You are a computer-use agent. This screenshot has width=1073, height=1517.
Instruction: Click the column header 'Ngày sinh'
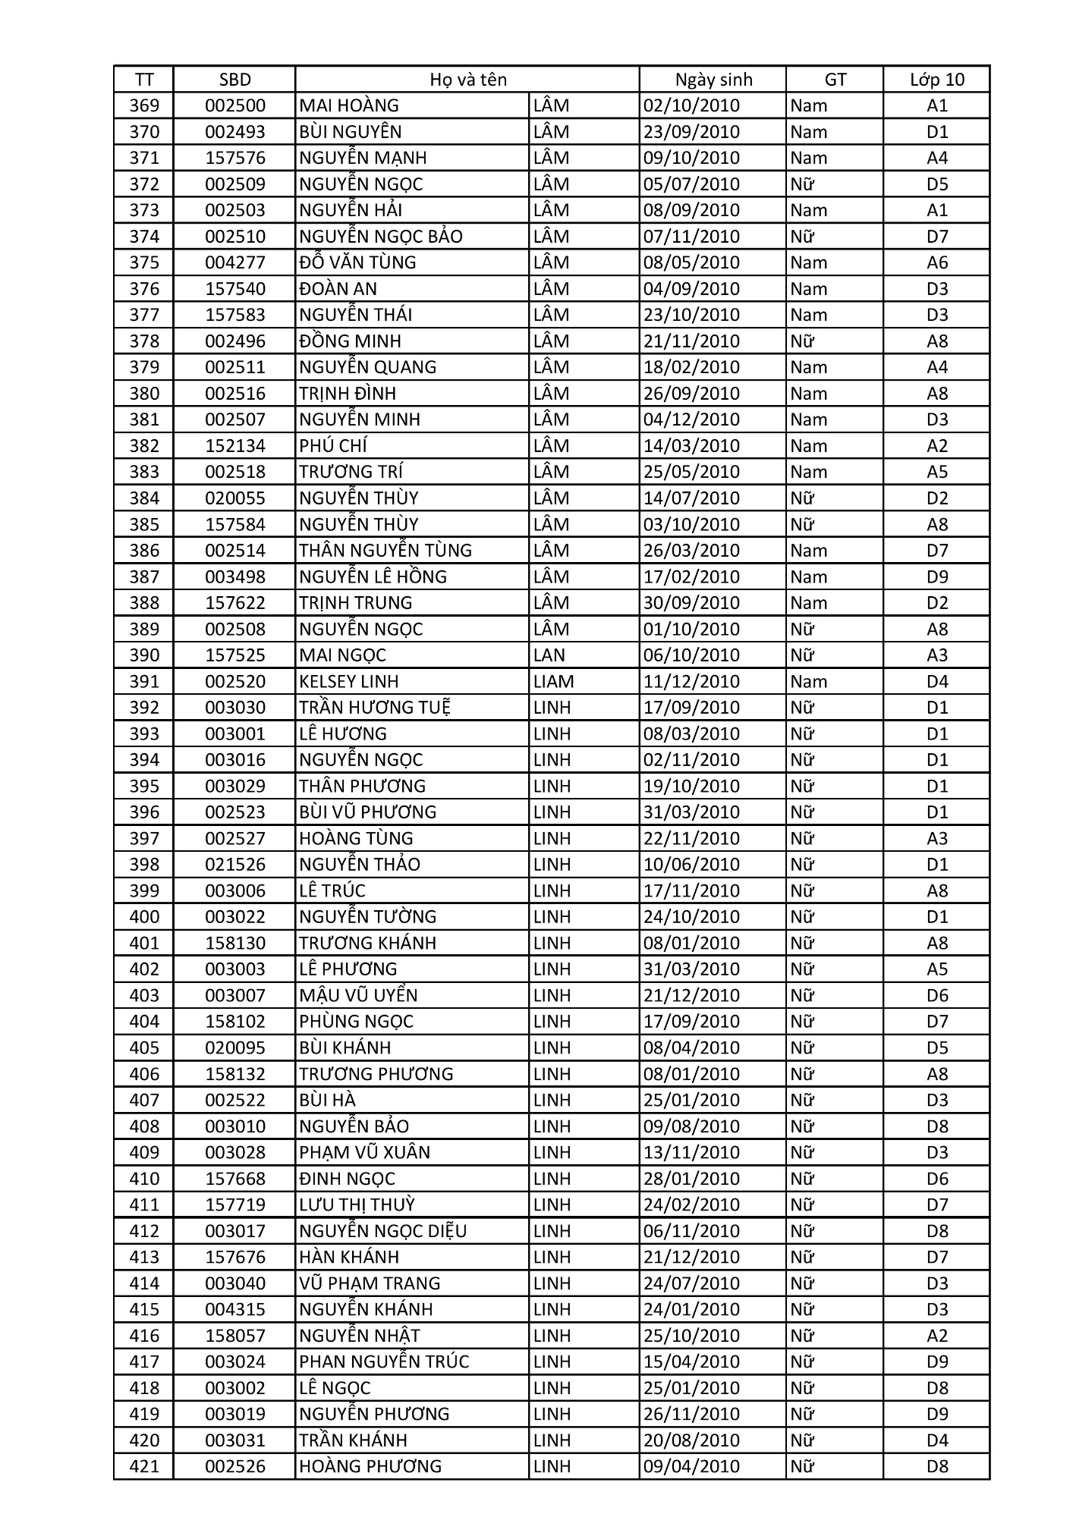713,80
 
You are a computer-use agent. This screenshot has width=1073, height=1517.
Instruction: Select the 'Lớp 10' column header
937,80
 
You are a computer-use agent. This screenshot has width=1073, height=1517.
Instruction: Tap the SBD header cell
234,80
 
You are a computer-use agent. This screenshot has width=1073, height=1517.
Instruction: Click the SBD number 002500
235,105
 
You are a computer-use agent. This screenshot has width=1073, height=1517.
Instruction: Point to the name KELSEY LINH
348,681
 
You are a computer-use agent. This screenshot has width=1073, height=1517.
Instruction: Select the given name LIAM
553,681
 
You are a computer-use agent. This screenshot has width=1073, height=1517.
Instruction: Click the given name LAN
549,655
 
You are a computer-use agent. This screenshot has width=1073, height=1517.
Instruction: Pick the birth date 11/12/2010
691,681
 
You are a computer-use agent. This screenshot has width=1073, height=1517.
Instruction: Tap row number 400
144,917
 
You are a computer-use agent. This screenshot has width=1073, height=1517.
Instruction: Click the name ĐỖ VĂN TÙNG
357,262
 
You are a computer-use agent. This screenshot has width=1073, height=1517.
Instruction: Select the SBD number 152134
235,446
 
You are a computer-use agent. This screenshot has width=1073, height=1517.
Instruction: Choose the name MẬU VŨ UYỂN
358,995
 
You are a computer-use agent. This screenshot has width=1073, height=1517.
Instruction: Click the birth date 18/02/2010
691,367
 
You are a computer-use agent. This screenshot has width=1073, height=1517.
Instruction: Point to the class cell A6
937,262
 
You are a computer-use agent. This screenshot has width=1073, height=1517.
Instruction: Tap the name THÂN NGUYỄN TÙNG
385,551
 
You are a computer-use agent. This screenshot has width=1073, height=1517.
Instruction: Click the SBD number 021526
235,865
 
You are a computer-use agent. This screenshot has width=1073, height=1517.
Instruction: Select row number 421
144,1466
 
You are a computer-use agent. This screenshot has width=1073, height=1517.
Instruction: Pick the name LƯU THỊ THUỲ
357,1204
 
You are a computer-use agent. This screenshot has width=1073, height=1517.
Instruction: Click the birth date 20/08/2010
691,1440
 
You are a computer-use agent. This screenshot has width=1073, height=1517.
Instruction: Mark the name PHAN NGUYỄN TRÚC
384,1362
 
